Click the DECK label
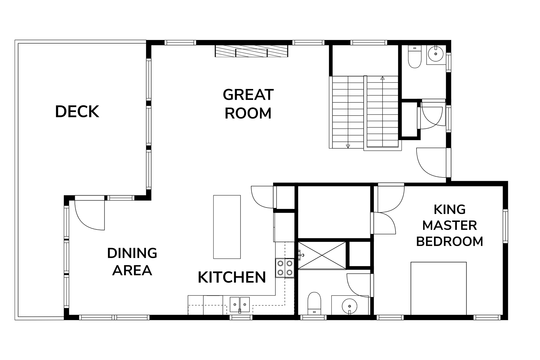[x=77, y=111]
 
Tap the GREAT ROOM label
[x=248, y=104]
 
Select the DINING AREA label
[x=132, y=262]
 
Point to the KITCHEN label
[x=232, y=277]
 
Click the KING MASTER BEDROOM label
[x=449, y=225]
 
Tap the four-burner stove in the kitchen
[x=285, y=268]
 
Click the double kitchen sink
[x=240, y=305]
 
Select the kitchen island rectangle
[x=227, y=227]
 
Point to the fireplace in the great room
[x=251, y=51]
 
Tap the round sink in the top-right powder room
[x=435, y=53]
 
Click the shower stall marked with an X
[x=322, y=255]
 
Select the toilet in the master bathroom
[x=314, y=303]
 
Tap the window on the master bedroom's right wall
[x=505, y=226]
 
